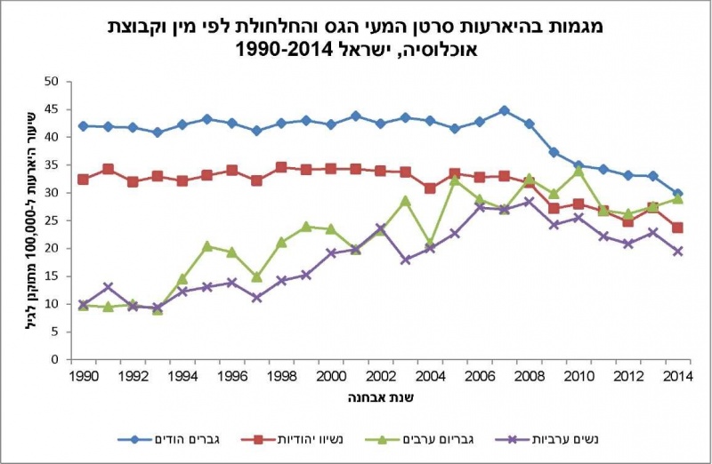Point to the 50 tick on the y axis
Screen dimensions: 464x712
pos(52,82)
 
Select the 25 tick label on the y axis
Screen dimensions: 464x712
pos(52,220)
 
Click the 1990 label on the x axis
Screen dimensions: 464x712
pos(83,375)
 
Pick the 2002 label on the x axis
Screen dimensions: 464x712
pos(380,375)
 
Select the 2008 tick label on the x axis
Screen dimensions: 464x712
pos(529,375)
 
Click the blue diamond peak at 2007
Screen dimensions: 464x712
pos(504,111)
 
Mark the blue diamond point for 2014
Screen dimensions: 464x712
pos(677,194)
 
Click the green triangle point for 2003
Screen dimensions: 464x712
pos(405,201)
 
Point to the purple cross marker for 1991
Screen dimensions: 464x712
pos(108,287)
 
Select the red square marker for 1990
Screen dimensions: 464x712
pos(83,180)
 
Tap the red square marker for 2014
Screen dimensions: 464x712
pos(677,228)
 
